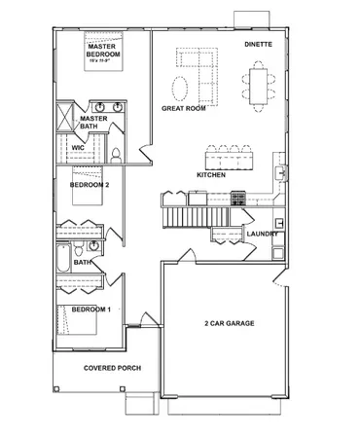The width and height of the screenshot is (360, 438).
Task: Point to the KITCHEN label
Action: pyautogui.click(x=211, y=175)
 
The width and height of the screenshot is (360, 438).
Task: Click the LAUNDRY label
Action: pyautogui.click(x=263, y=234)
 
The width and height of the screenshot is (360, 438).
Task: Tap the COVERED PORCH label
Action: pyautogui.click(x=112, y=368)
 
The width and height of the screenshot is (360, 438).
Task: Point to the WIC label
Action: pyautogui.click(x=79, y=148)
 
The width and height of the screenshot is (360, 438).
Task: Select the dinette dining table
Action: pyautogui.click(x=259, y=85)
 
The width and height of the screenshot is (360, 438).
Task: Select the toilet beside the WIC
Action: pyautogui.click(x=115, y=154)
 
